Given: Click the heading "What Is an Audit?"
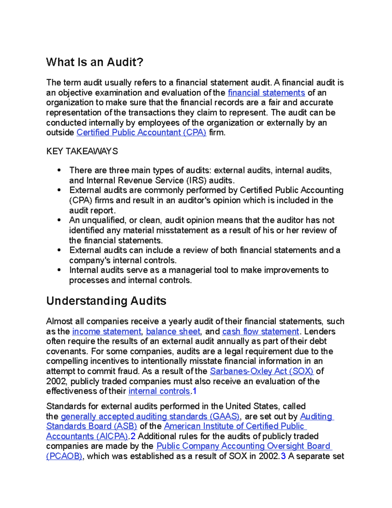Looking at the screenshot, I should [x=95, y=62].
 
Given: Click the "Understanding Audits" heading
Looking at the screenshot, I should [x=106, y=301].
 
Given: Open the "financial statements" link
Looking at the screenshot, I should [x=266, y=93].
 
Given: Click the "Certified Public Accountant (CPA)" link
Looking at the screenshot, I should [x=141, y=132].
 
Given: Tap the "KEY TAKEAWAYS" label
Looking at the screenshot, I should [x=82, y=151].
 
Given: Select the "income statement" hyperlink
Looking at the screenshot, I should [x=106, y=331].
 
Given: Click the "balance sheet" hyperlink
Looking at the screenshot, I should [x=173, y=331].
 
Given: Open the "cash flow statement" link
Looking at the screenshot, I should [x=260, y=331].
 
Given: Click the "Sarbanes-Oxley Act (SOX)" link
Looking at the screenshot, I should [x=261, y=371].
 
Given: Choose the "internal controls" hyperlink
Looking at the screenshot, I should [x=159, y=391].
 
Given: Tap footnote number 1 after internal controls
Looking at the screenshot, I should [x=194, y=391].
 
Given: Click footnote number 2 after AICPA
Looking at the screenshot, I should [x=133, y=436].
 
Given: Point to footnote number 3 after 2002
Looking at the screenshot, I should [x=283, y=456].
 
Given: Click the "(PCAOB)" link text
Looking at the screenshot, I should [x=64, y=456].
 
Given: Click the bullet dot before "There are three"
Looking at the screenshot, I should [x=59, y=170].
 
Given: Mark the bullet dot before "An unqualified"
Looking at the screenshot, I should [x=59, y=220].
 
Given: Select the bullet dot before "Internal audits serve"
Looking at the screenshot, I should [x=59, y=270].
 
